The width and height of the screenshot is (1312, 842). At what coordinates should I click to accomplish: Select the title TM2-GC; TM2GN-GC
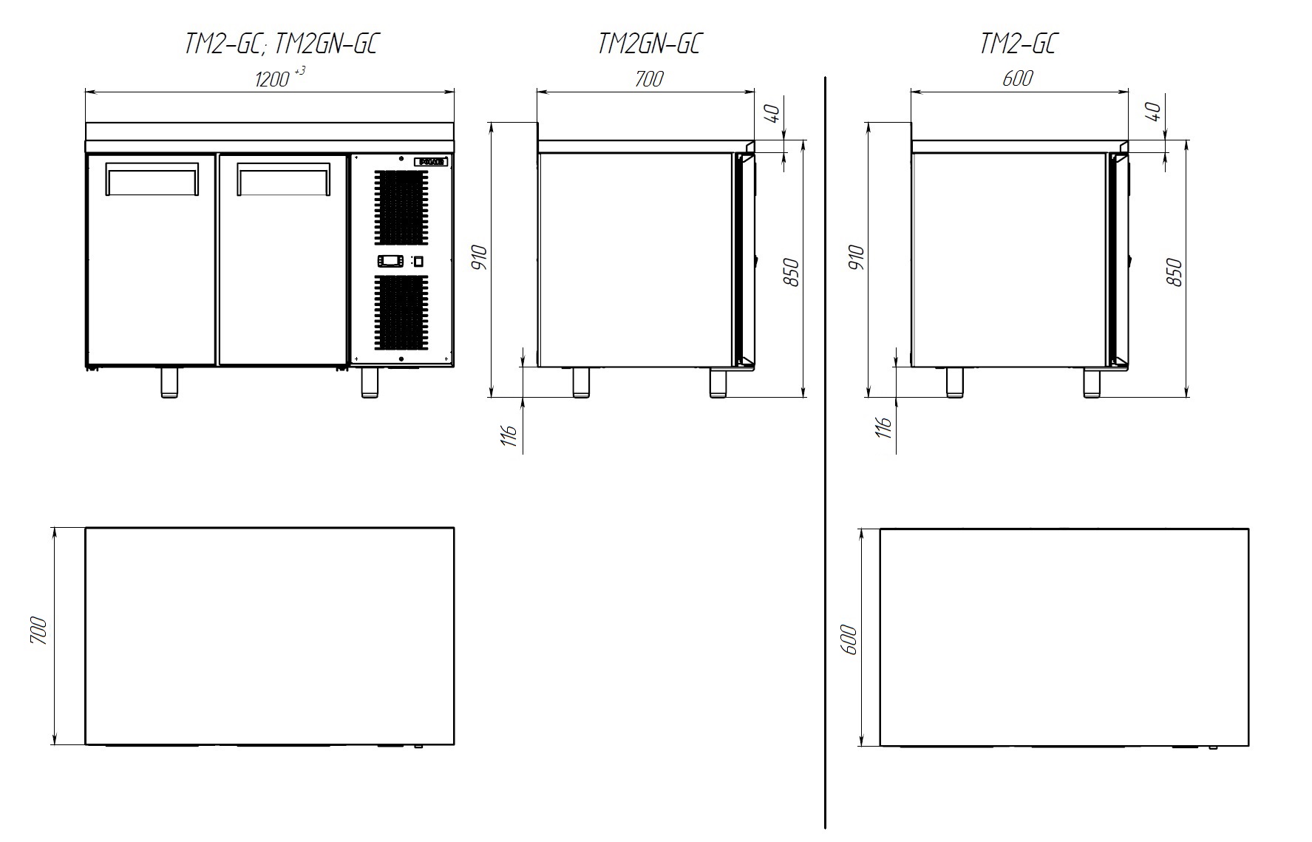pos(282,44)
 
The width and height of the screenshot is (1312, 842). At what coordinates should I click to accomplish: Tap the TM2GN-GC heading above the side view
pos(648,44)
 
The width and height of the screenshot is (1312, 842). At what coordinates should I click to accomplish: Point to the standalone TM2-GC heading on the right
pos(1018,44)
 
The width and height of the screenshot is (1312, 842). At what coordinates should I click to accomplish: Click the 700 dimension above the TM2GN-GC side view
pos(648,78)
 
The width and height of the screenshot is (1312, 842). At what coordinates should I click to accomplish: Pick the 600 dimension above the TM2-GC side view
pos(1018,78)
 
